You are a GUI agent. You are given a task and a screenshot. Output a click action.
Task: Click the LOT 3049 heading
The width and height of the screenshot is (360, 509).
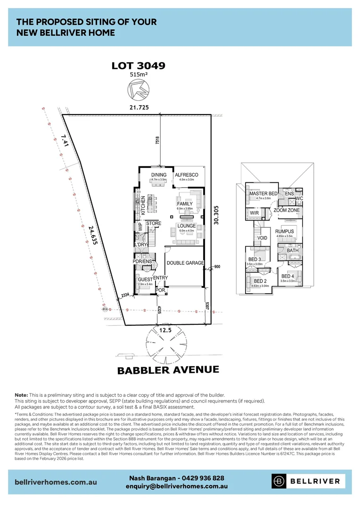coord(138,66)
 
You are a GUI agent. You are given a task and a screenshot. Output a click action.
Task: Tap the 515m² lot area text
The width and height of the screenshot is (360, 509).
coord(138,74)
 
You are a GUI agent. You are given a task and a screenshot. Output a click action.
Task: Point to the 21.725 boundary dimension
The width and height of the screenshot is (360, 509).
coord(139,107)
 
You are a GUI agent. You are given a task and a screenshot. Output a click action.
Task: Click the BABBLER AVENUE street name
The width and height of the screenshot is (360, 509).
coord(168,369)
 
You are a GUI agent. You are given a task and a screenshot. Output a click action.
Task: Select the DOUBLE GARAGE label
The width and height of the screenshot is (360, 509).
coord(185,263)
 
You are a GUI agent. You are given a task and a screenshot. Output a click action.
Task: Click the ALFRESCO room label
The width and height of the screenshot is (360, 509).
coord(186,175)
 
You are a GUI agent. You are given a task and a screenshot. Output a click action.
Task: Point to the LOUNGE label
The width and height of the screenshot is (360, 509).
coord(186,226)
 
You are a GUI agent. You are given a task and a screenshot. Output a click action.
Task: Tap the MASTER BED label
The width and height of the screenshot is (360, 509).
coord(263,194)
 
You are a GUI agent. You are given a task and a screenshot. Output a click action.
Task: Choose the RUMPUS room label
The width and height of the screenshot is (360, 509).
coord(285,231)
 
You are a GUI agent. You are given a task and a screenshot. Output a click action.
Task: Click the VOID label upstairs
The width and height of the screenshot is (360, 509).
coord(262,238)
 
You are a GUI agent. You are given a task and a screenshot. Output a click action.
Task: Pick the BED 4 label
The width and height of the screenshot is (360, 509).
coord(287,276)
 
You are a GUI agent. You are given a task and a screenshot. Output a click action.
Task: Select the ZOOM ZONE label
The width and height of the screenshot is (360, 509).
coord(286,210)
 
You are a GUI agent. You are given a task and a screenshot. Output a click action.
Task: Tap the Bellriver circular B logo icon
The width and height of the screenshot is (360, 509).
coord(279,481)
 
